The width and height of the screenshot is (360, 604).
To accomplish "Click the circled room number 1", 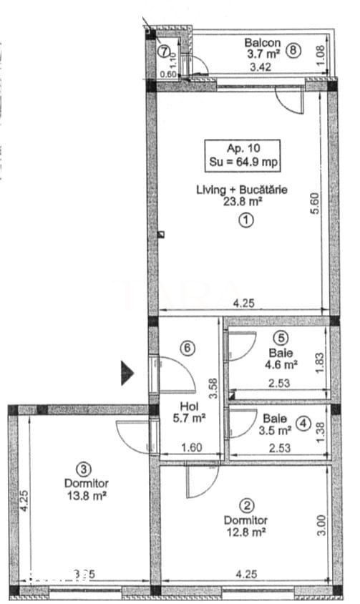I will click(x=245, y=221).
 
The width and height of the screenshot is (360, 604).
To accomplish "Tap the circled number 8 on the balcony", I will click(x=293, y=50).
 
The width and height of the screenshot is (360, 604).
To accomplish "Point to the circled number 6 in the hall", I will click(x=188, y=349).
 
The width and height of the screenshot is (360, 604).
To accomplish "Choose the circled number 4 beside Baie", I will click(x=303, y=423).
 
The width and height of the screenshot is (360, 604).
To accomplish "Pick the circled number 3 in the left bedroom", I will click(x=84, y=469).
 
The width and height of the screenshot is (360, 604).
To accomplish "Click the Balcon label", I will click(x=262, y=42).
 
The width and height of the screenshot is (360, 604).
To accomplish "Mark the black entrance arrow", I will click(x=127, y=373).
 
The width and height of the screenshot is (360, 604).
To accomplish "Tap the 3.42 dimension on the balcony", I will click(x=261, y=69).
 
